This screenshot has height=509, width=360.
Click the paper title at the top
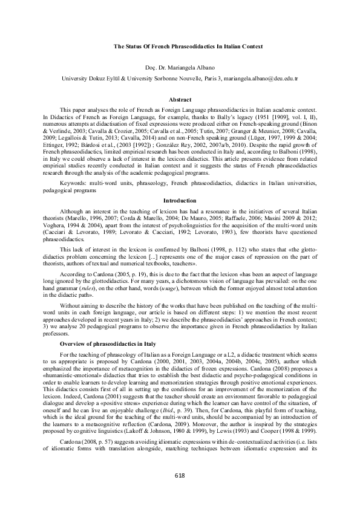[180, 47]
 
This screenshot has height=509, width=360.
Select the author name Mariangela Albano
[191, 68]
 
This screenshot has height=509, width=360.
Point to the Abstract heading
[180, 99]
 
